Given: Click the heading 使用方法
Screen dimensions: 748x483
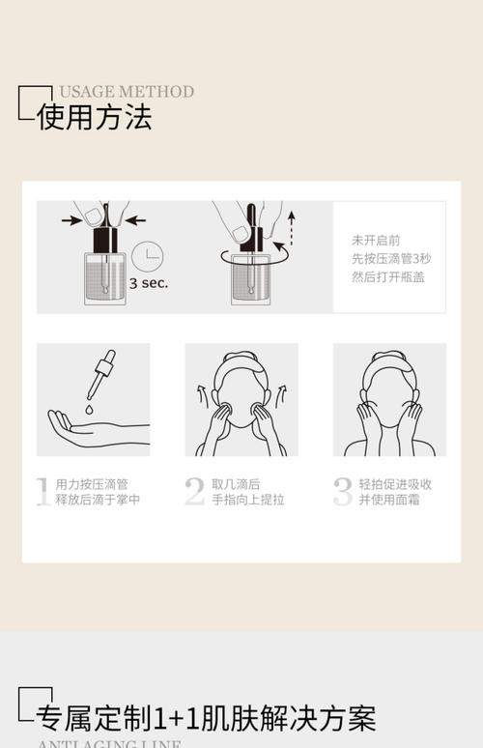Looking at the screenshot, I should [x=94, y=118].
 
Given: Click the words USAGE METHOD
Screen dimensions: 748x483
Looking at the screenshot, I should [x=126, y=92].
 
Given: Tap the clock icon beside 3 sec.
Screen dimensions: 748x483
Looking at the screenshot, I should [x=148, y=256].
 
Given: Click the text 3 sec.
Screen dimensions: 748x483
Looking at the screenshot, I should [x=149, y=283].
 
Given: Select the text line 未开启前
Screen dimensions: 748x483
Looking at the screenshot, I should [x=376, y=240].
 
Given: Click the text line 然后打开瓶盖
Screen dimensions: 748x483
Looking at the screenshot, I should [x=388, y=277].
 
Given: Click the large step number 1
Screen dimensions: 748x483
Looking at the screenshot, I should [x=43, y=491].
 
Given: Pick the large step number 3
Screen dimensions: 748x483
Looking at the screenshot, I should [x=343, y=491].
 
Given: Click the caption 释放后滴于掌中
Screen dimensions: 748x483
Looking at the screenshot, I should [x=99, y=500].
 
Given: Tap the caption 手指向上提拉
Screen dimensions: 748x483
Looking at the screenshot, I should [x=248, y=500].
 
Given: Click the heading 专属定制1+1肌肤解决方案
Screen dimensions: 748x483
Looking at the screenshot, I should [x=206, y=718].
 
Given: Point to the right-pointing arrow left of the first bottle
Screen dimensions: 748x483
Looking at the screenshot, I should [x=71, y=220].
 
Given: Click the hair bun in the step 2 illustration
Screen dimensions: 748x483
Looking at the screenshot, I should [x=241, y=355].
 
